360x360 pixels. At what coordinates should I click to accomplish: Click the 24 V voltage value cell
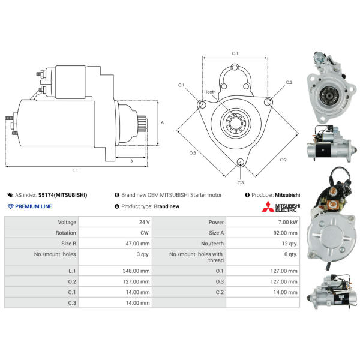(144, 222)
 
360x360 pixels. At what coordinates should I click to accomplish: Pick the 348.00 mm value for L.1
(137, 271)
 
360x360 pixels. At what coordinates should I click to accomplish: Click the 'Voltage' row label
(67, 222)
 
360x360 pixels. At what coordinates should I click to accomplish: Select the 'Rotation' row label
(66, 233)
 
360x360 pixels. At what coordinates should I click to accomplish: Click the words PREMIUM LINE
(33, 206)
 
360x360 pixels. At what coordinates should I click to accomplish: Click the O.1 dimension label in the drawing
(235, 54)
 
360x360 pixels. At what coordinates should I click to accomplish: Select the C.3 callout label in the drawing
(240, 182)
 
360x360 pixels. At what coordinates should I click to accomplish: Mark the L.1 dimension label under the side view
(76, 171)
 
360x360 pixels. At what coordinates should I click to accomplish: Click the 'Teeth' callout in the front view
(210, 92)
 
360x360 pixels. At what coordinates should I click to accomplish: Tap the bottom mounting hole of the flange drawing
(241, 163)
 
